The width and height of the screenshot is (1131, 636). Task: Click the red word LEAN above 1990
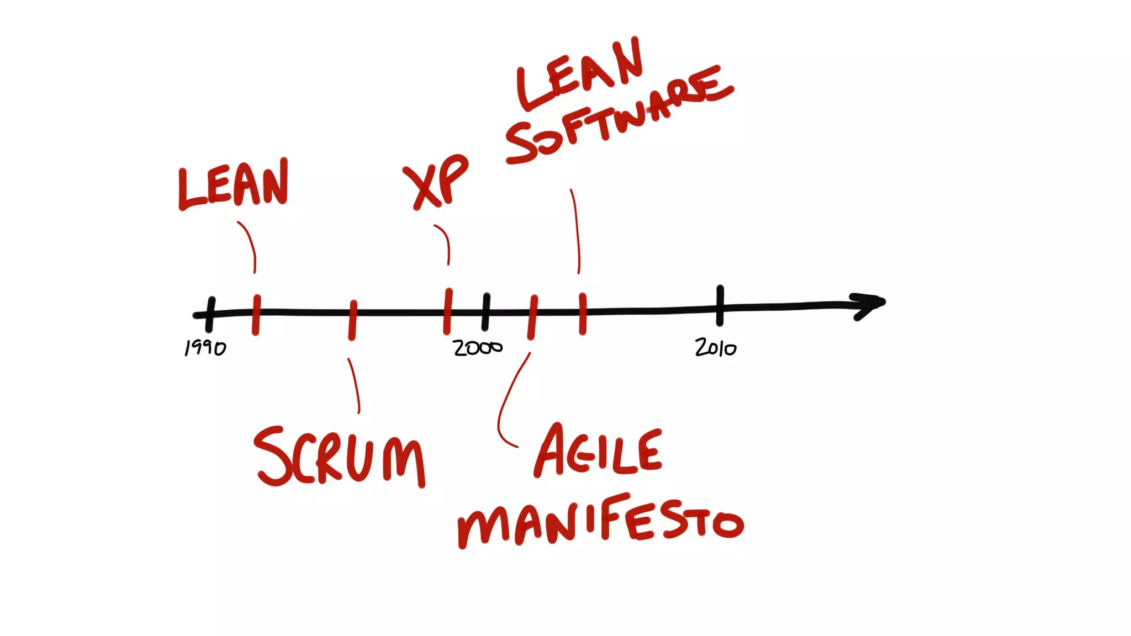click(233, 185)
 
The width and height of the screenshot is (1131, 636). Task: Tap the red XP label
click(436, 182)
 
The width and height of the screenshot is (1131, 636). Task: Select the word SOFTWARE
click(619, 116)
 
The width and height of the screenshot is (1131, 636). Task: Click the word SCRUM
click(339, 457)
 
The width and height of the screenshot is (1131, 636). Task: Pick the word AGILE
click(598, 452)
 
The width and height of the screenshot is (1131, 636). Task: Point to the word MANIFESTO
click(601, 522)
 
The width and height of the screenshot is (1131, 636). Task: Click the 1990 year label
click(205, 348)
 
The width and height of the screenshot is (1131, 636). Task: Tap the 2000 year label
click(478, 348)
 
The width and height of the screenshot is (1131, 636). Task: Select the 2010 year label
click(716, 348)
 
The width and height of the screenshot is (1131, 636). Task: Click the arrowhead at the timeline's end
click(870, 305)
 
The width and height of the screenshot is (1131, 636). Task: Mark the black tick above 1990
click(210, 314)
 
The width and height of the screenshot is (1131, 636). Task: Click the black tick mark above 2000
click(486, 312)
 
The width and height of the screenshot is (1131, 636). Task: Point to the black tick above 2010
click(720, 305)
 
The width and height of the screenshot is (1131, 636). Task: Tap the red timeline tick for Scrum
click(353, 320)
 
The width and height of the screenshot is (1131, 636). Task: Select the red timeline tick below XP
click(448, 311)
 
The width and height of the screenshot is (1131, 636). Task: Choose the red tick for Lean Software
click(583, 313)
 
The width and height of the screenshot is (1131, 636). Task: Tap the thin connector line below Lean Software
click(577, 232)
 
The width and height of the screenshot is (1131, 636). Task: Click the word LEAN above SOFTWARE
click(580, 75)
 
